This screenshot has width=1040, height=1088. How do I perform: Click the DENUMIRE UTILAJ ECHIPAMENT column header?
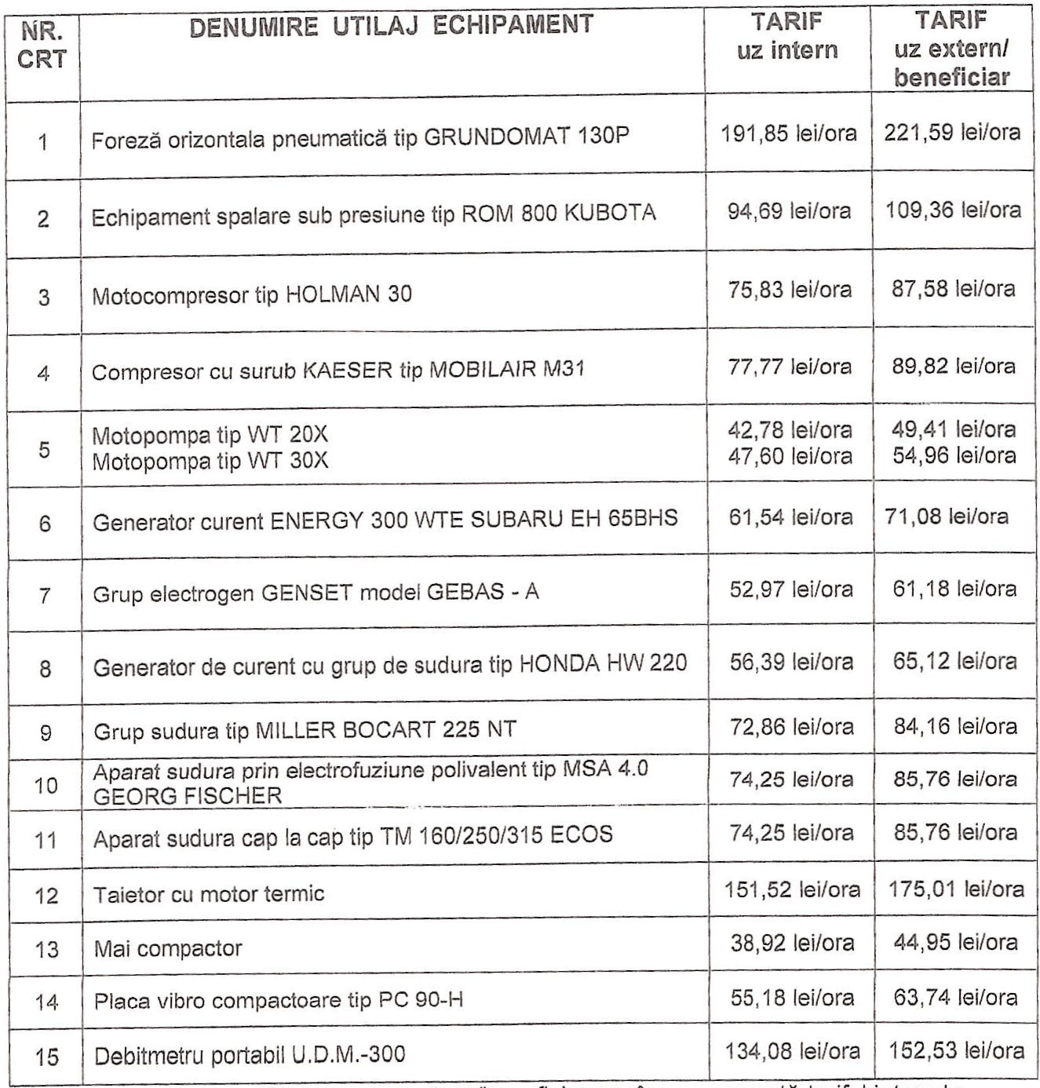pyautogui.click(x=391, y=26)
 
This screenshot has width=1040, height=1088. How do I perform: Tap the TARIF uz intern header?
pyautogui.click(x=787, y=36)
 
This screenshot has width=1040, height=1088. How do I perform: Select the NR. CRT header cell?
pyautogui.click(x=42, y=46)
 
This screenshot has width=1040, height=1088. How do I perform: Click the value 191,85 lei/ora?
pyautogui.click(x=788, y=133)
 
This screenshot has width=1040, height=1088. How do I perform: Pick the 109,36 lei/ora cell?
pyautogui.click(x=953, y=210)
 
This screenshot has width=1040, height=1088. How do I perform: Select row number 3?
pyautogui.click(x=43, y=298)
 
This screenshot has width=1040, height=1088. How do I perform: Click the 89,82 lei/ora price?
pyautogui.click(x=953, y=367)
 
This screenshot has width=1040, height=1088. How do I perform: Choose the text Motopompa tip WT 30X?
pyautogui.click(x=210, y=461)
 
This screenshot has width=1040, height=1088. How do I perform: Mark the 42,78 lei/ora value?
pyautogui.click(x=790, y=430)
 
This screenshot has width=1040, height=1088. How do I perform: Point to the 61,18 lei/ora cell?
pyautogui.click(x=954, y=589)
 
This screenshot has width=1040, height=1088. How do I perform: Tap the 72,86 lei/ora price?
pyautogui.click(x=791, y=727)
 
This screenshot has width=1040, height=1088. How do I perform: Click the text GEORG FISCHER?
pyautogui.click(x=187, y=796)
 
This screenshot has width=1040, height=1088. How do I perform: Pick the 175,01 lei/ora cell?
pyautogui.click(x=955, y=889)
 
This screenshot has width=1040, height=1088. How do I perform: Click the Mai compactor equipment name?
pyautogui.click(x=167, y=948)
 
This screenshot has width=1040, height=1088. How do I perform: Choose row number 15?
pyautogui.click(x=46, y=1057)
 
